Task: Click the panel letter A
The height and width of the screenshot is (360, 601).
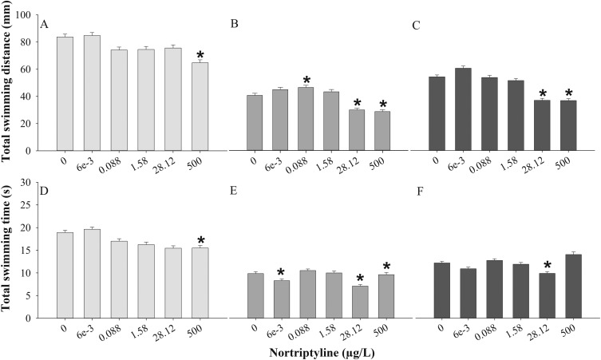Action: (x=45, y=24)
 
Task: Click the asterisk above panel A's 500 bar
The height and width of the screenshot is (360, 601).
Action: (x=200, y=55)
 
